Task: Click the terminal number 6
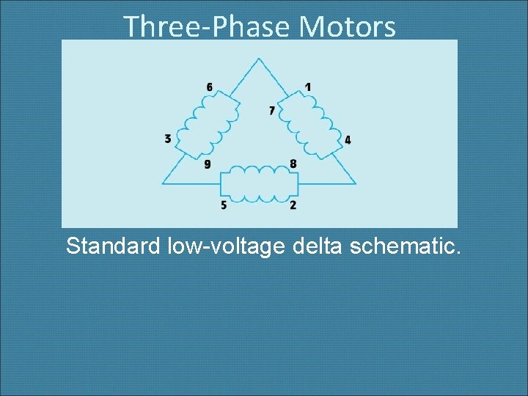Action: pos(210,87)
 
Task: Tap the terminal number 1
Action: pos(307,87)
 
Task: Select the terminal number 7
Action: pos(271,111)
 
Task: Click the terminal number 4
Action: pos(348,139)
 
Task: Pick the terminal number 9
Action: pos(208,164)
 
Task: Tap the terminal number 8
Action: pos(293,164)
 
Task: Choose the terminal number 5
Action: pos(224,205)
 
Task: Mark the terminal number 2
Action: pos(293,205)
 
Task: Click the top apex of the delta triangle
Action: pos(258,58)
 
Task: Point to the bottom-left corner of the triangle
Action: pos(163,183)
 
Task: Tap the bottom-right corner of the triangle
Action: pos(356,183)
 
